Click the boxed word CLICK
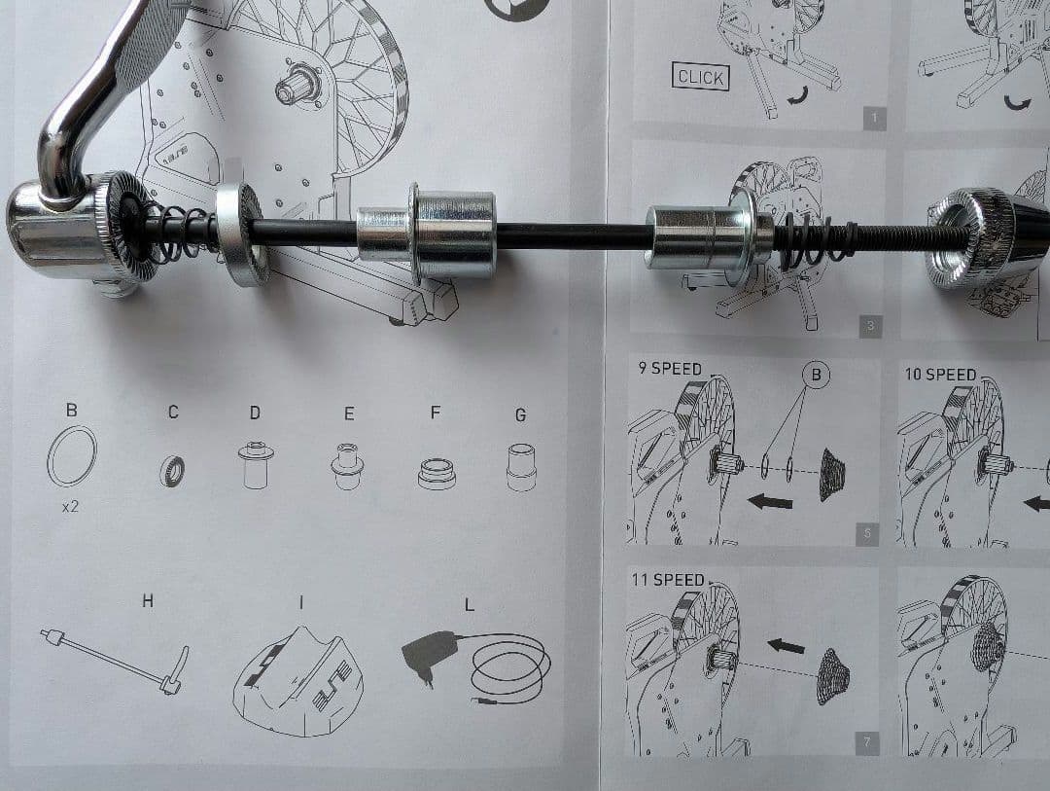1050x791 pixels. pos(700,77)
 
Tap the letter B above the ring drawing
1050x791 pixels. pos(72,410)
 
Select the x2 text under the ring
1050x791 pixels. pos(70,507)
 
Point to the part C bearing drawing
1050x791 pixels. pos(172,470)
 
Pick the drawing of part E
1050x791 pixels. pos(347,465)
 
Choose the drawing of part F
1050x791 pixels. pos(436,473)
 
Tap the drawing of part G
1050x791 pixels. pos(521,467)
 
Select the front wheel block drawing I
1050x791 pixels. pos(298,680)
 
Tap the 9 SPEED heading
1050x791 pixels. pos(669,369)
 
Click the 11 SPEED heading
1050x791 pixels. pos(668,579)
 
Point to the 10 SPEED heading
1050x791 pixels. pos(940,374)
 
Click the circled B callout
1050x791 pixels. pos(816,375)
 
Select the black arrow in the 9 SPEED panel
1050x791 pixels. pos(769,501)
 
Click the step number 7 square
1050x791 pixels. pos(867,742)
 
